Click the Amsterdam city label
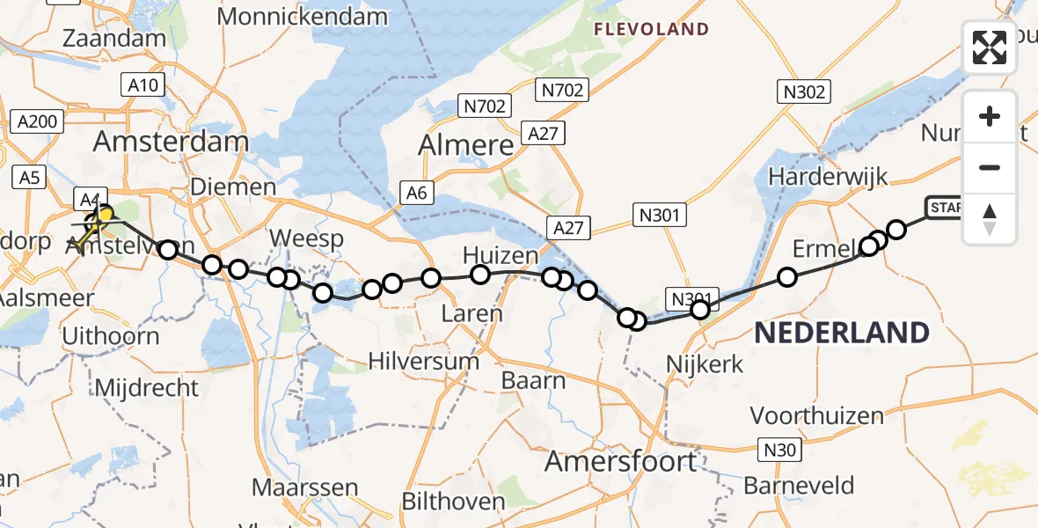pyautogui.click(x=172, y=142)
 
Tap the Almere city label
pyautogui.click(x=466, y=144)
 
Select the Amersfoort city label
pyautogui.click(x=620, y=460)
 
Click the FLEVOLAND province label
pyautogui.click(x=651, y=29)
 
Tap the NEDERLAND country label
pyautogui.click(x=842, y=333)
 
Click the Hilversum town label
pyautogui.click(x=423, y=361)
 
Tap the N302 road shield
pyautogui.click(x=803, y=91)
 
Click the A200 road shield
pyautogui.click(x=34, y=122)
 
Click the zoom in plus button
pyautogui.click(x=990, y=117)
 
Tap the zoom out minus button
pyautogui.click(x=990, y=167)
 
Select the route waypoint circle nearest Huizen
pyautogui.click(x=480, y=275)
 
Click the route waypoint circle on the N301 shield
pyautogui.click(x=700, y=309)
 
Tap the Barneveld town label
pyautogui.click(x=799, y=485)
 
